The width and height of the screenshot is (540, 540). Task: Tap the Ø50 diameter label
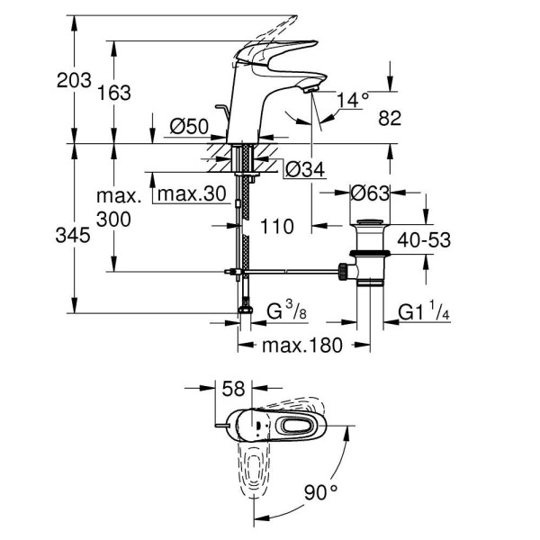pyautogui.click(x=190, y=128)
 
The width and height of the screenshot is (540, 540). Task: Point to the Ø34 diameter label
pyautogui.click(x=303, y=168)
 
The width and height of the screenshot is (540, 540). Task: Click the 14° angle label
pyautogui.click(x=353, y=100)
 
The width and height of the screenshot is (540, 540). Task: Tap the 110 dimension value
pyautogui.click(x=275, y=227)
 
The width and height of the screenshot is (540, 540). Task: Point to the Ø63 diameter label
pyautogui.click(x=369, y=193)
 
